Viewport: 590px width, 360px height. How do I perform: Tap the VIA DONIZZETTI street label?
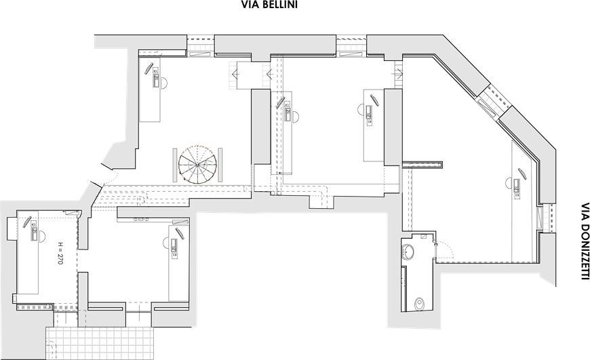584,241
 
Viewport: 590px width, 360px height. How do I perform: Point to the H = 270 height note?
60,253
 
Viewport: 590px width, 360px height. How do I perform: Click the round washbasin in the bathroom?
412,253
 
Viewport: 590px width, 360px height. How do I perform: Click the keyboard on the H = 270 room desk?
34,233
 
